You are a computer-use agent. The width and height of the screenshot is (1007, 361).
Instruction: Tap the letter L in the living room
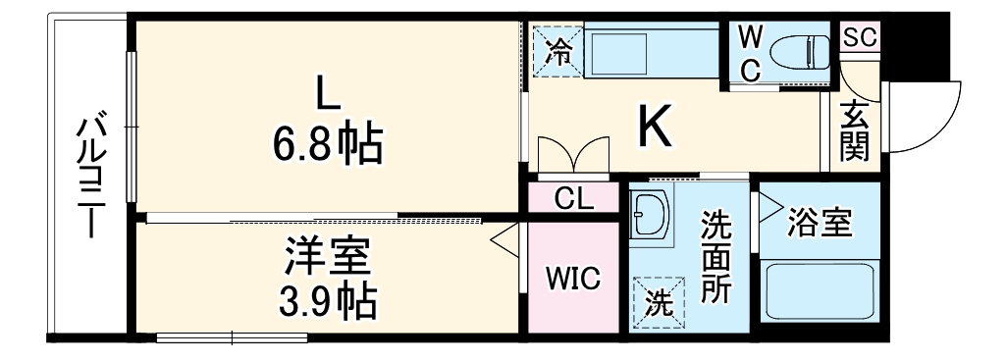(x=327, y=93)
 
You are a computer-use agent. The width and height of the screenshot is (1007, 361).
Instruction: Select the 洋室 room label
(x=327, y=259)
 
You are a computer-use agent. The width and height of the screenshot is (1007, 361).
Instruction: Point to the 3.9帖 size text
(x=327, y=301)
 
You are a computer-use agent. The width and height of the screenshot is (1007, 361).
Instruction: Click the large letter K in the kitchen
(x=655, y=127)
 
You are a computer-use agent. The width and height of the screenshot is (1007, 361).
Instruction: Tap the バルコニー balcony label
(x=92, y=177)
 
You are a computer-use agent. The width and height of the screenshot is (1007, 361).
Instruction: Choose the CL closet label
(x=573, y=200)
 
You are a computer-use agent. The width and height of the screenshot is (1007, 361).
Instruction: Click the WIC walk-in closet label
(x=573, y=278)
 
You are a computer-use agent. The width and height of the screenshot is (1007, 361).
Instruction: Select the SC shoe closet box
(x=860, y=37)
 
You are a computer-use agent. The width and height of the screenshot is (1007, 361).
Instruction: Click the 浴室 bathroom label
(x=819, y=223)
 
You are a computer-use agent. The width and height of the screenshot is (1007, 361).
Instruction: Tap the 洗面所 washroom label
(x=715, y=258)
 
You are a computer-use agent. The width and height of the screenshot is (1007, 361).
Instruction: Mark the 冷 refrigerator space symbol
(x=557, y=50)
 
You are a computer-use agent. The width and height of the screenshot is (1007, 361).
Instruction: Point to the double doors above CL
(x=573, y=154)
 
